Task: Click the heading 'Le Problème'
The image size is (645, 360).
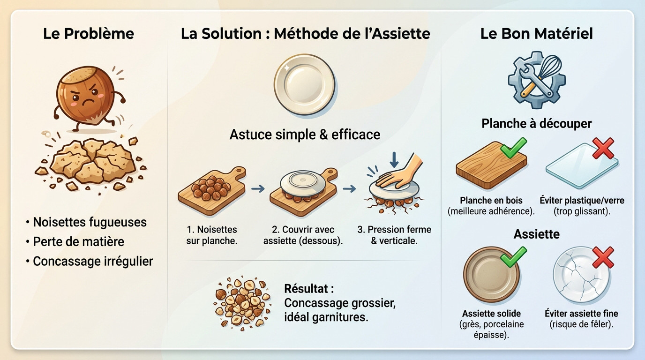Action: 89,34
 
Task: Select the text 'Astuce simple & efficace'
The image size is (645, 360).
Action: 305,135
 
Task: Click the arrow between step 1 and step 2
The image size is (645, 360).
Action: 257,189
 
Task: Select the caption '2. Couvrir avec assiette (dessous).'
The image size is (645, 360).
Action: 303,235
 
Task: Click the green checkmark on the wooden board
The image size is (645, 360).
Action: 513,148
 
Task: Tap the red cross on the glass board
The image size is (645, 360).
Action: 603,148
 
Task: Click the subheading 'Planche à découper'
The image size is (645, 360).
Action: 537,123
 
